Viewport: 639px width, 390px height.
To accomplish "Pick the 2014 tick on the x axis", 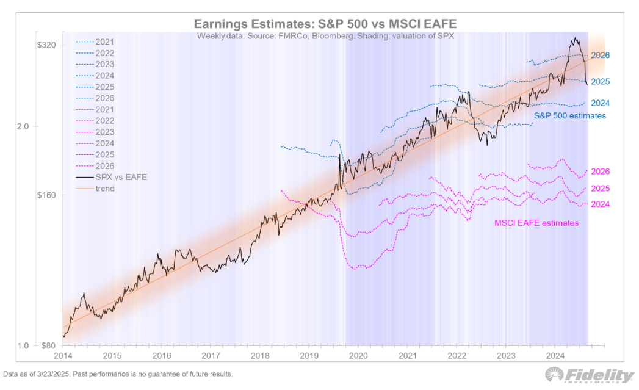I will click(62, 355).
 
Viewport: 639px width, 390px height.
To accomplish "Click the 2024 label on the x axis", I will click(555, 355).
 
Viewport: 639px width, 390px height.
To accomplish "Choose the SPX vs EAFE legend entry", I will click(121, 177).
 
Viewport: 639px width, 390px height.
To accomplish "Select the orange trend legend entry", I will click(104, 189).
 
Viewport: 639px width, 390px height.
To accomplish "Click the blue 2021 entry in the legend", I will click(105, 42).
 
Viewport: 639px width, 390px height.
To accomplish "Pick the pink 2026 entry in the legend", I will click(105, 166).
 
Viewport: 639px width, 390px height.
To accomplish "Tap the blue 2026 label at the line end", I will click(601, 55).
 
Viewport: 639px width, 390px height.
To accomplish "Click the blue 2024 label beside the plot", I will click(601, 103).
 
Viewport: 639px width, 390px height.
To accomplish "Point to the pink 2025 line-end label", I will click(601, 189).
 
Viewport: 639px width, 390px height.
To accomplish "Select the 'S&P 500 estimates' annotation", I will click(570, 115).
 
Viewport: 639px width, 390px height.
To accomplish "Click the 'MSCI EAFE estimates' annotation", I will click(536, 223).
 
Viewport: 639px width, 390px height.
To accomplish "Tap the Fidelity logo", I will click(589, 375).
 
